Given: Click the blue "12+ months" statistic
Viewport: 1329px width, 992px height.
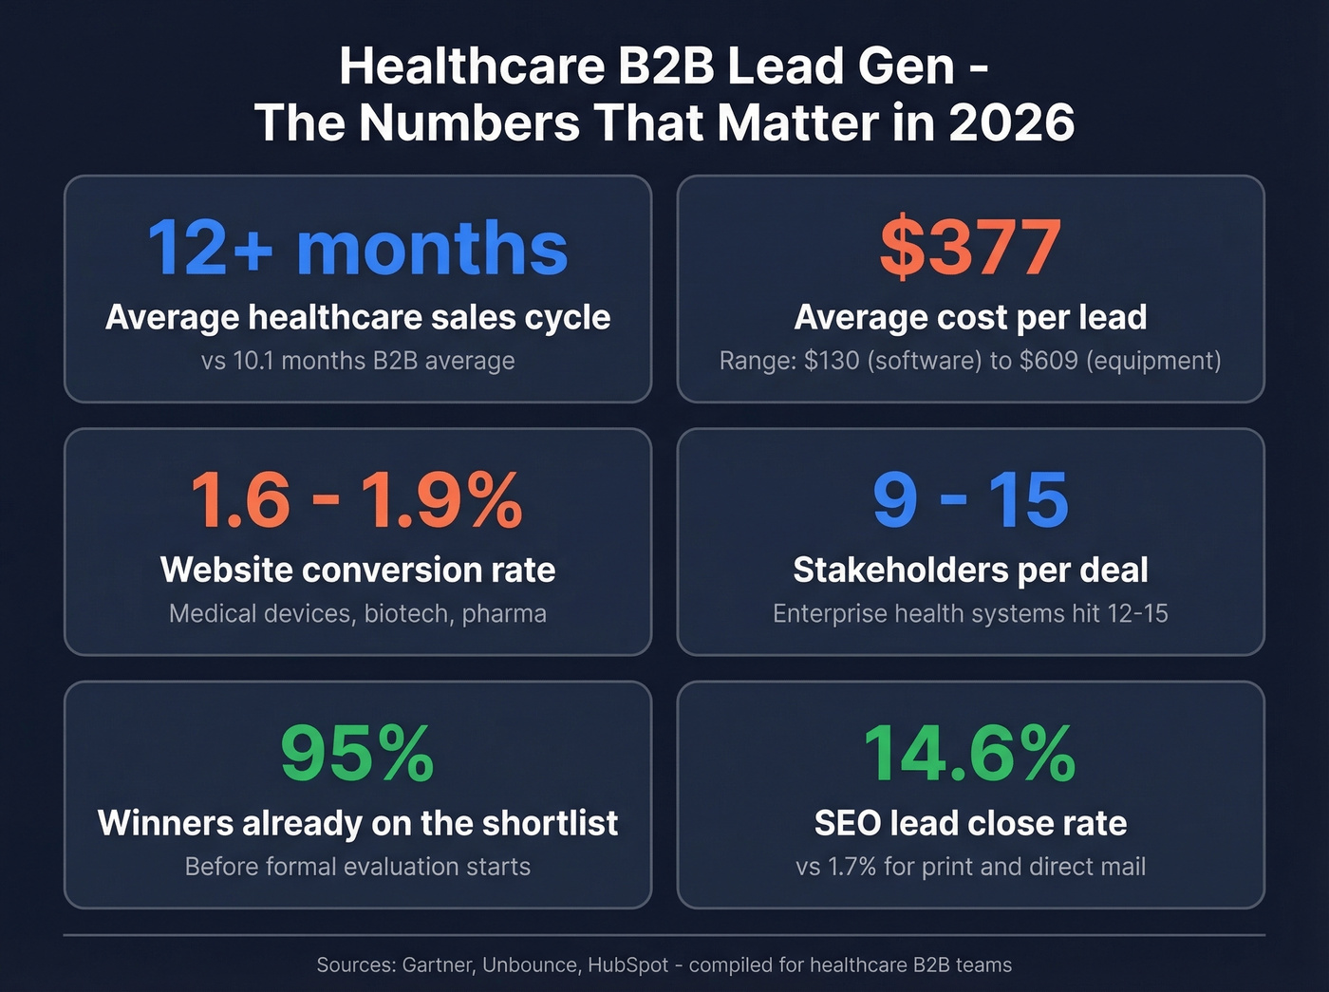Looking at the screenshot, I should click(358, 248).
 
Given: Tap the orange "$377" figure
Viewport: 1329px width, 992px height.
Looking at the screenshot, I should click(970, 248).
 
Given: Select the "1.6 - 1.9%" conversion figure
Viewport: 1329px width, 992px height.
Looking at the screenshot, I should click(357, 500).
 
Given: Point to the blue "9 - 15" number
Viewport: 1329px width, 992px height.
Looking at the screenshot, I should click(970, 500).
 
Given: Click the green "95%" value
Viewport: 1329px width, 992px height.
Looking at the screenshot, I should click(357, 753).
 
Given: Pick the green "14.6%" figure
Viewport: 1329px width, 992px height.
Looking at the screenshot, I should click(970, 753).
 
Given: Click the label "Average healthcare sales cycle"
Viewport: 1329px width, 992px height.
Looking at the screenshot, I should click(358, 317).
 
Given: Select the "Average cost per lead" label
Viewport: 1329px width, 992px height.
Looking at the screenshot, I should click(970, 317).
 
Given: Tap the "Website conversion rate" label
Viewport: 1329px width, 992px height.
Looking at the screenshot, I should click(358, 570).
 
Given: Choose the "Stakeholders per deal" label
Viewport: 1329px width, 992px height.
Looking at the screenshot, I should click(970, 570).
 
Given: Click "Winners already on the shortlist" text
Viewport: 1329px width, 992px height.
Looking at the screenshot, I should click(358, 823).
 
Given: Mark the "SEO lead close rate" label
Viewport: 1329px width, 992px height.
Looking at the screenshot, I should click(970, 823).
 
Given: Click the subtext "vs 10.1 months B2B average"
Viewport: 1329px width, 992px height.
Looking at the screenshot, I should click(358, 361).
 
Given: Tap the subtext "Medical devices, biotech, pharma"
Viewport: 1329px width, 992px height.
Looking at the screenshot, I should click(358, 613).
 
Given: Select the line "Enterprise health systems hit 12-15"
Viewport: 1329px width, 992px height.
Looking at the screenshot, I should click(970, 613).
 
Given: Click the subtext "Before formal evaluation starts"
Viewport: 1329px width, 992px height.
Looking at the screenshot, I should click(358, 867).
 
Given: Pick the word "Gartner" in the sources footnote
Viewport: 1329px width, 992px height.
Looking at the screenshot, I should click(438, 965).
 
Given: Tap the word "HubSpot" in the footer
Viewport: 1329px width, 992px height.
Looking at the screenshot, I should click(628, 965).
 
